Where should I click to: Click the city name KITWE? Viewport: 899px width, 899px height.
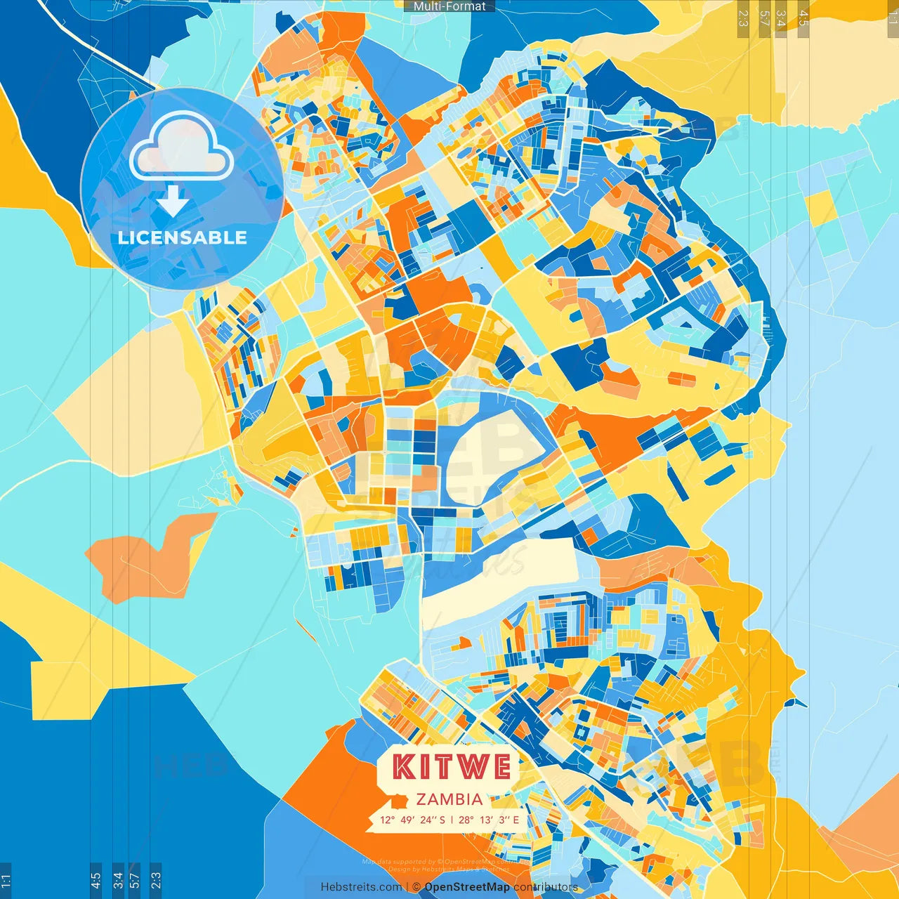(x=451, y=767)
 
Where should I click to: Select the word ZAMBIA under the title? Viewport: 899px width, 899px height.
(x=449, y=799)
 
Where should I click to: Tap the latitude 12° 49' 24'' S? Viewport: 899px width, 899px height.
(x=412, y=820)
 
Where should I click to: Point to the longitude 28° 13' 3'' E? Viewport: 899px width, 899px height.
(x=489, y=820)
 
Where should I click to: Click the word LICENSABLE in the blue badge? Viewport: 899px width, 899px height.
(x=182, y=238)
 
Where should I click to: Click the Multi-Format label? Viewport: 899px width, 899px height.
(x=449, y=6)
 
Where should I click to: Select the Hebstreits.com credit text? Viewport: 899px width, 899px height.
(x=361, y=887)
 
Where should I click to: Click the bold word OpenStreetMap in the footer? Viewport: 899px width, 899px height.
(x=467, y=887)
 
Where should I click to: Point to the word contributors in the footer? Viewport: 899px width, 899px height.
(x=546, y=887)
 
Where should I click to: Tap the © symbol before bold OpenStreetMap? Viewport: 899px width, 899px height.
(x=416, y=887)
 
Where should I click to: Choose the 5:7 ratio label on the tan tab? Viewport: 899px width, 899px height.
(x=764, y=18)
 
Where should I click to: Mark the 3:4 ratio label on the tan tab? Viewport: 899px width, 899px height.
(x=780, y=18)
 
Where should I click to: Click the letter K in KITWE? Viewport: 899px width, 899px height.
(x=404, y=767)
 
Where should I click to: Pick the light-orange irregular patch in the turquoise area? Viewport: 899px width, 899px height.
(x=151, y=555)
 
